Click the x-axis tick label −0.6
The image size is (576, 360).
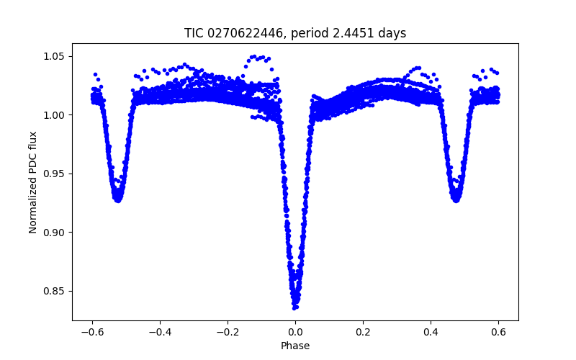pyautogui.click(x=92, y=332)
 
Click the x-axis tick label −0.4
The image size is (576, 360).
pyautogui.click(x=160, y=332)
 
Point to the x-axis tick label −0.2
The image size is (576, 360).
pyautogui.click(x=228, y=332)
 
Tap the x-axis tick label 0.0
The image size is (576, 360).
pyautogui.click(x=295, y=332)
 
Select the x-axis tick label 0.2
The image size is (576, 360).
pyautogui.click(x=363, y=332)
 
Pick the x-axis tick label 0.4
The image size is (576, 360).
pyautogui.click(x=431, y=332)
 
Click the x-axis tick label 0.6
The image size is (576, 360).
pyautogui.click(x=498, y=332)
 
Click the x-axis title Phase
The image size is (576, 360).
pyautogui.click(x=295, y=346)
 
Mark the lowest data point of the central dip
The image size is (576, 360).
pyautogui.click(x=295, y=307)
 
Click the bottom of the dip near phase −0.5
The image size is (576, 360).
pyautogui.click(x=117, y=200)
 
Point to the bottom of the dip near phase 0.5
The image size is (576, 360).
pyautogui.click(x=456, y=200)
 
